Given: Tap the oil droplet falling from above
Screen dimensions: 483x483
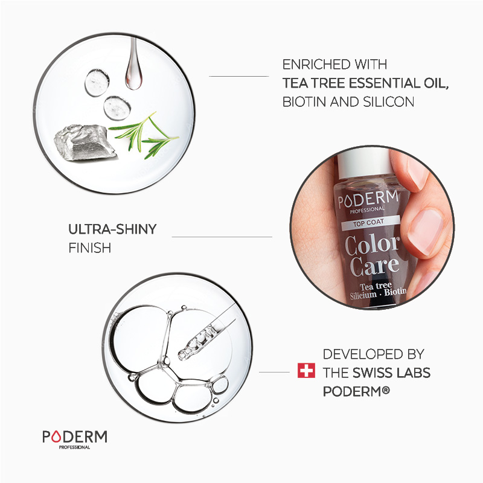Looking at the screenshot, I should coord(133,72).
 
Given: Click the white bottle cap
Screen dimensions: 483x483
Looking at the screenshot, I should coord(362,160).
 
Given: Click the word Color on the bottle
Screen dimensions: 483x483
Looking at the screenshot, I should coord(372,244).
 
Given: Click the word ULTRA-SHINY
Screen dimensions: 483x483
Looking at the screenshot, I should coord(112,229).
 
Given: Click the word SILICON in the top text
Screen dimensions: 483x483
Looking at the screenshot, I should coord(386,101).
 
